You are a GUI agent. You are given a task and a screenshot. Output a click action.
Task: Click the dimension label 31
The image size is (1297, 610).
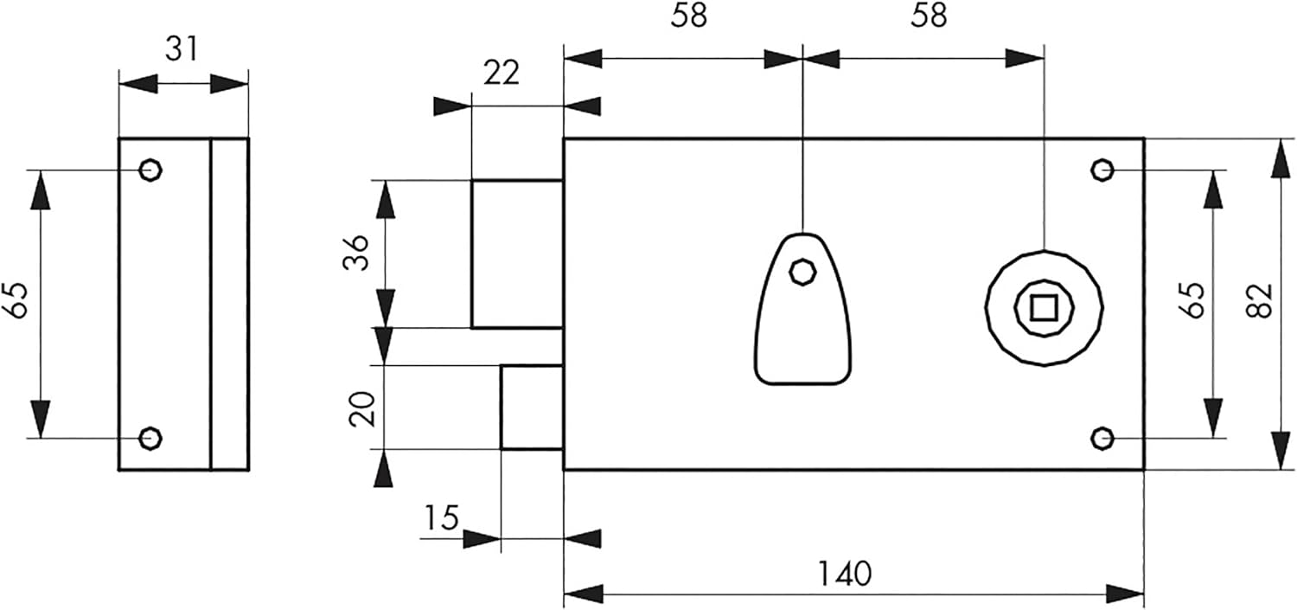[182, 48]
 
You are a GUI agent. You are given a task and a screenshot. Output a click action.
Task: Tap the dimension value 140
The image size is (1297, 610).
[844, 574]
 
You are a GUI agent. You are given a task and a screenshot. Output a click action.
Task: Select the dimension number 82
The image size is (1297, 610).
[1260, 300]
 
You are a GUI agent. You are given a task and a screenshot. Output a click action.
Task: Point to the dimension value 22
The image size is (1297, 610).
[502, 73]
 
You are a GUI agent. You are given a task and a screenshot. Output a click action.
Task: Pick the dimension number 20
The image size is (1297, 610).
[363, 409]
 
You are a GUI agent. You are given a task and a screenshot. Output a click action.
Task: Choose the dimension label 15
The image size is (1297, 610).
[442, 517]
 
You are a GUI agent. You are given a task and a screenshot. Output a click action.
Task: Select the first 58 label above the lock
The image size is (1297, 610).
[689, 16]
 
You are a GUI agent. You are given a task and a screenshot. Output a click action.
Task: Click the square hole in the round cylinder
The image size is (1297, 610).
[1044, 308]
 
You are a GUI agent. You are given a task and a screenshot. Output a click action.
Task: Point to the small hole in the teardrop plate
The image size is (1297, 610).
[803, 272]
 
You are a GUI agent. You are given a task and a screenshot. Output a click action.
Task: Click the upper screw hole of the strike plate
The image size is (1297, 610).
[150, 170]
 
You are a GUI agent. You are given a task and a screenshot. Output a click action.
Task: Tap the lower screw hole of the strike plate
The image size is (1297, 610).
[150, 438]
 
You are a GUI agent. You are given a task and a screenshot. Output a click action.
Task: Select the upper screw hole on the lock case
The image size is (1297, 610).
[1102, 170]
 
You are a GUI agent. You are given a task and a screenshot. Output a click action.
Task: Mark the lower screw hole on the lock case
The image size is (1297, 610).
[1102, 438]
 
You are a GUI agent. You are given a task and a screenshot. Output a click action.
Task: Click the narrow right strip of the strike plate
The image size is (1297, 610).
[230, 304]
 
